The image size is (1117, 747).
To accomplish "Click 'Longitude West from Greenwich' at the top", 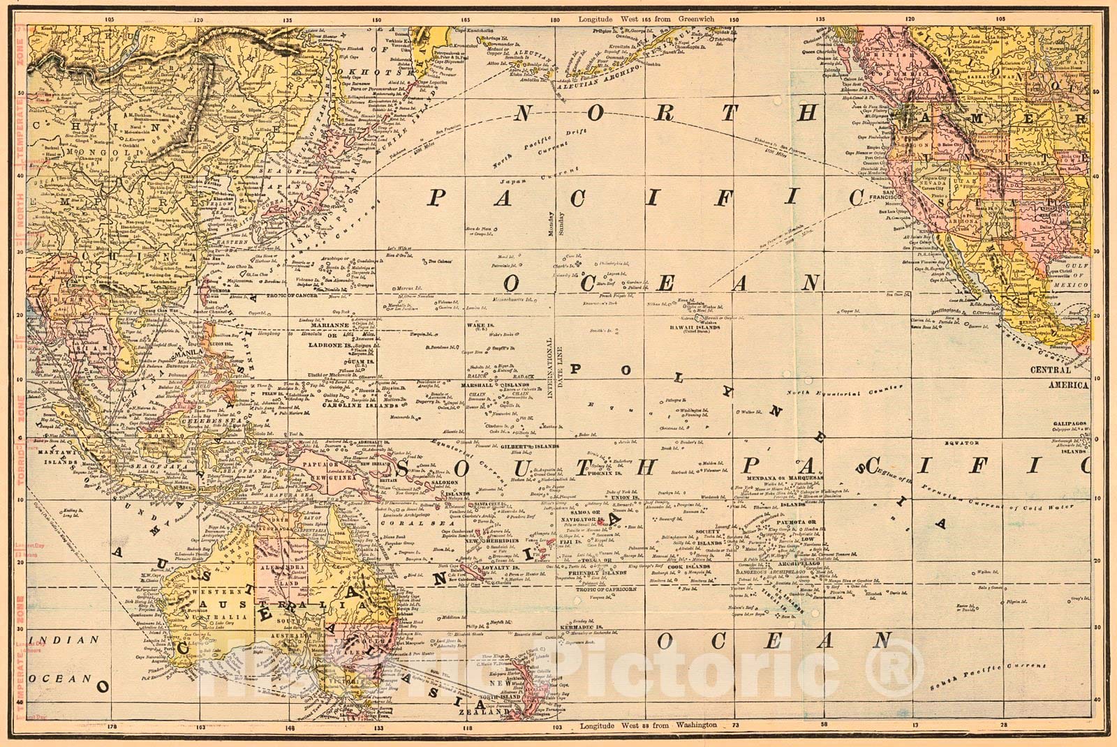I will pyautogui.click(x=646, y=19).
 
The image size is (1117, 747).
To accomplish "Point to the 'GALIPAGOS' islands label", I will pyautogui.click(x=1071, y=423).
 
